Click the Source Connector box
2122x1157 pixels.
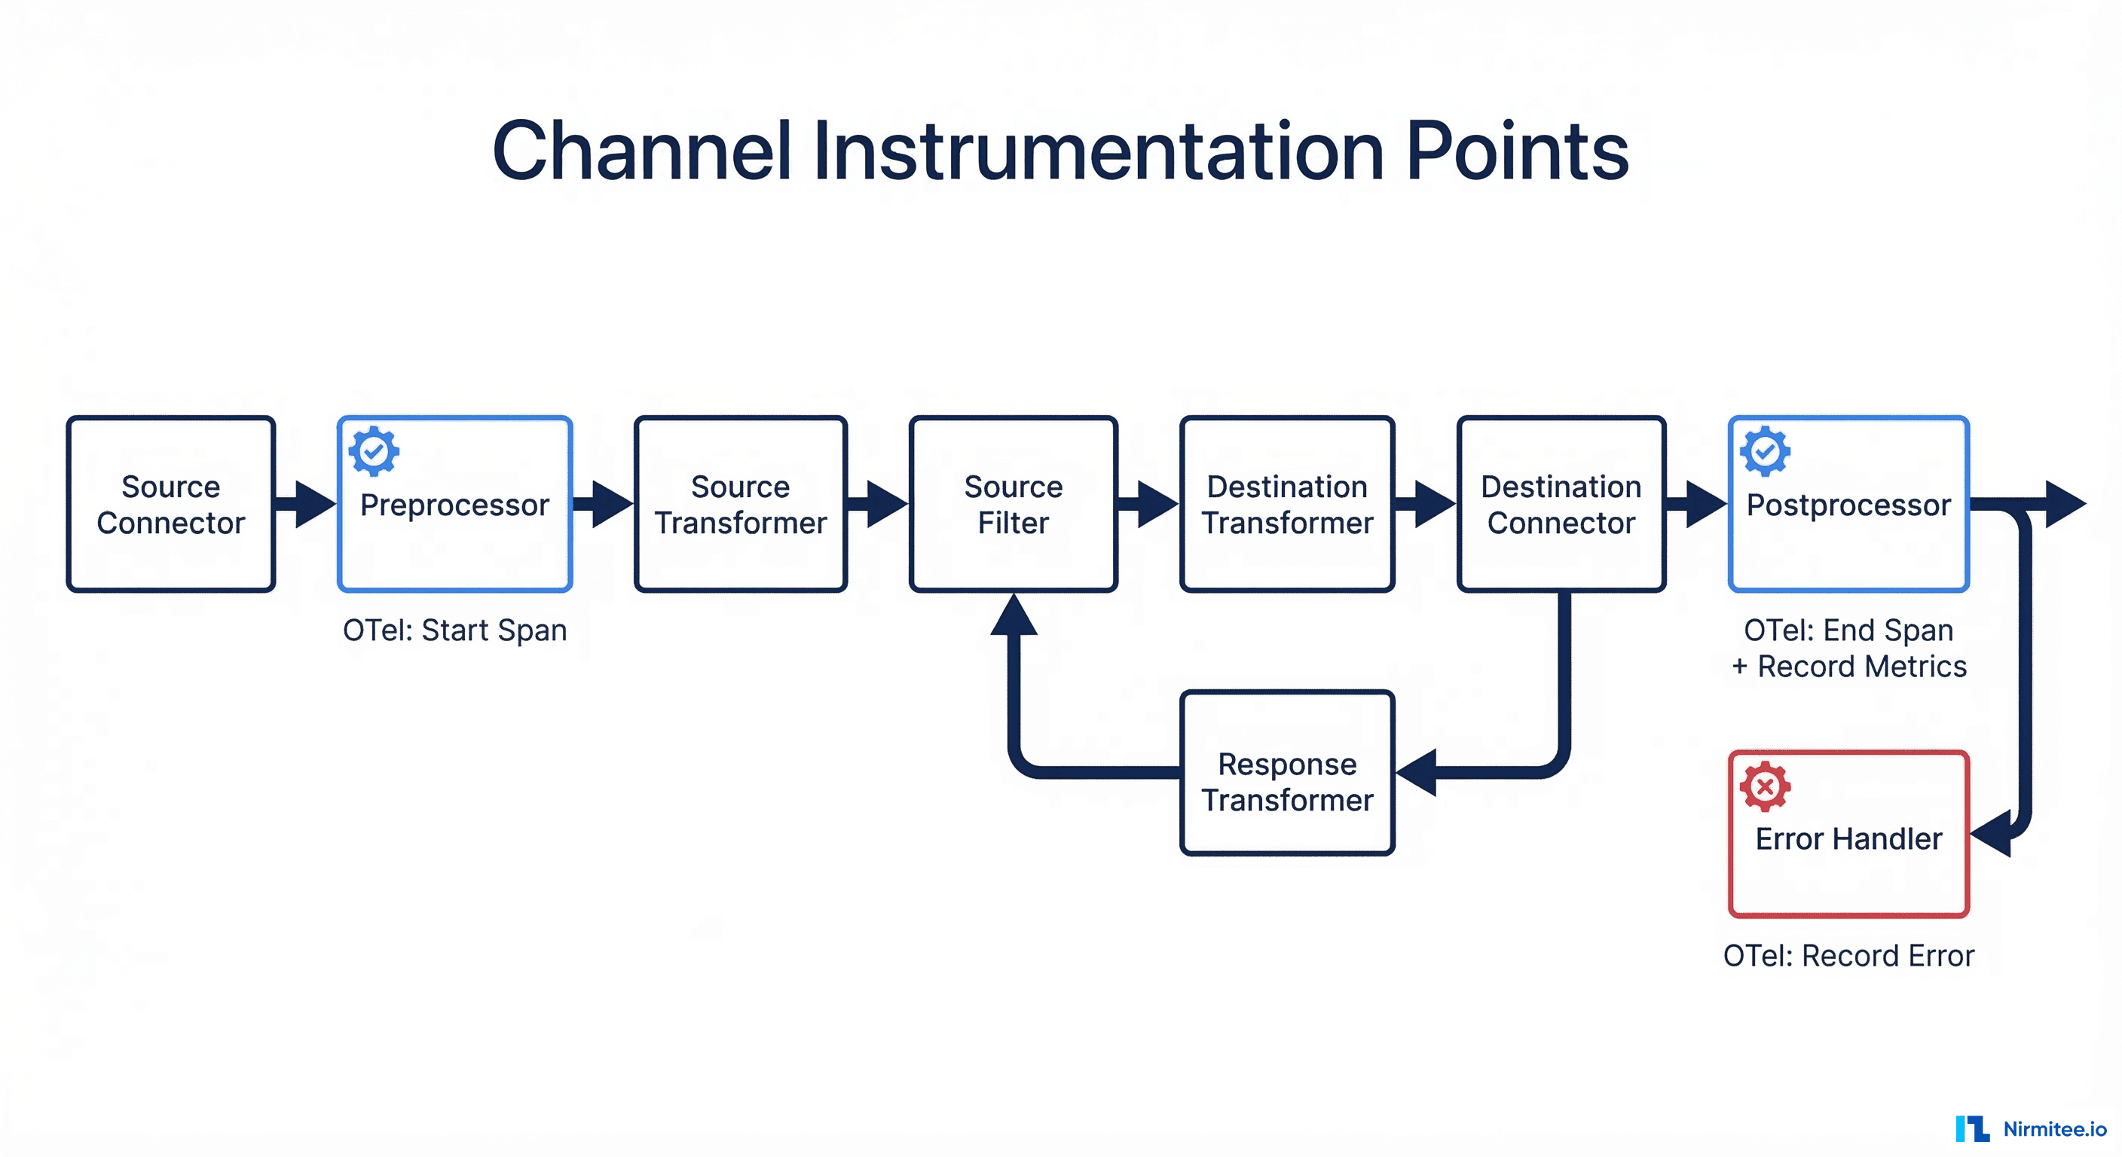(x=170, y=504)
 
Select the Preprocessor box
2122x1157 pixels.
(x=454, y=504)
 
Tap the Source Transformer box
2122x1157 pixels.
(x=740, y=504)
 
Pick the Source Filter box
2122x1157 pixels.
(x=1014, y=504)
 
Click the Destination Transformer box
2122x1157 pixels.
(x=1287, y=504)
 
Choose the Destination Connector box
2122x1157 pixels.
(x=1561, y=504)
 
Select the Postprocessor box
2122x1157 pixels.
(x=1848, y=504)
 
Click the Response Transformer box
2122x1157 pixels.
(x=1287, y=772)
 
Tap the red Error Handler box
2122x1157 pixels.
(x=1848, y=833)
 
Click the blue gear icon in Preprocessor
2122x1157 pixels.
(x=374, y=451)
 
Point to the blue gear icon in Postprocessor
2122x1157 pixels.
(x=1765, y=451)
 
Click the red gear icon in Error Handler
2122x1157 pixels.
(x=1765, y=786)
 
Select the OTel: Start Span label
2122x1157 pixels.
(x=454, y=630)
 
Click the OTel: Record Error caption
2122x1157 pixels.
(x=1848, y=955)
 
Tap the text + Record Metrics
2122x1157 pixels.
(x=1848, y=666)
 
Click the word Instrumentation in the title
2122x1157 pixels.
(x=1099, y=151)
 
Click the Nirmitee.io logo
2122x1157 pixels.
(x=2031, y=1128)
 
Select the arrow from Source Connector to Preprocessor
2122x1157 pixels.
(x=304, y=504)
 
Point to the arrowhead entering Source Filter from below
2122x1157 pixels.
(x=1014, y=616)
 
